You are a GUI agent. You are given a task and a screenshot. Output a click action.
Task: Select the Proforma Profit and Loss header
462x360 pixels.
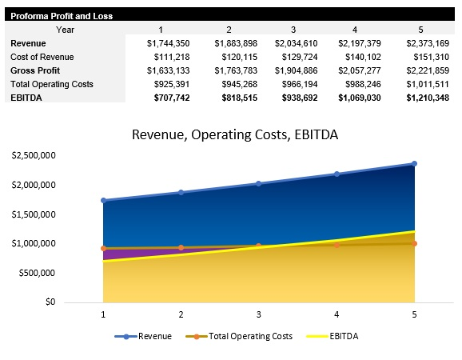tap(62, 16)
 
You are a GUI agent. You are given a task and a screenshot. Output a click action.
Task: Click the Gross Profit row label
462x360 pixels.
tap(35, 70)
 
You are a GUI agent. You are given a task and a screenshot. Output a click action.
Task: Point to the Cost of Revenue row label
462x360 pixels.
tap(42, 57)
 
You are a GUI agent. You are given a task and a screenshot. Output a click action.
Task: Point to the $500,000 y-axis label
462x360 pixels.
tap(37, 273)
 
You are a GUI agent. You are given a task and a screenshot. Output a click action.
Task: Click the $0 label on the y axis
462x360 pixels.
tap(50, 302)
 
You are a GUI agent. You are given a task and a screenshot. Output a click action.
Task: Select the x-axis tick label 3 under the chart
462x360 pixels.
tap(258, 315)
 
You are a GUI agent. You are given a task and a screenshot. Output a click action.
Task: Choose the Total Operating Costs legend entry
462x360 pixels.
tap(248, 336)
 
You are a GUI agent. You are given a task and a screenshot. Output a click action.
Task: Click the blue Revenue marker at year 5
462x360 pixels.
tap(414, 163)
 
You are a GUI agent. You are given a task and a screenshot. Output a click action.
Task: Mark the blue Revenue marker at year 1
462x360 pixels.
tap(103, 200)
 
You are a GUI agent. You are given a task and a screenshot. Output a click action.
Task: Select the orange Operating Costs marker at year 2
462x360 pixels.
tap(181, 248)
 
